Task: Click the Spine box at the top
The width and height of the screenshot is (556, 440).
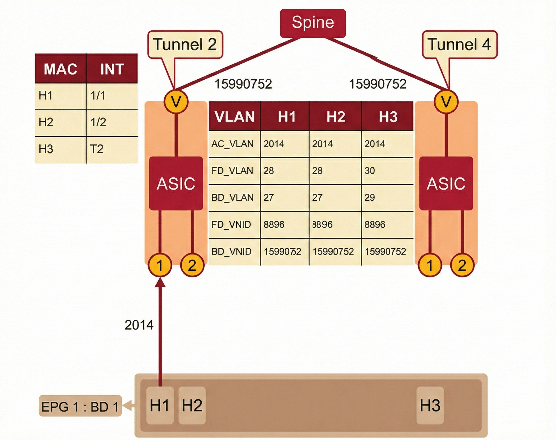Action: click(313, 23)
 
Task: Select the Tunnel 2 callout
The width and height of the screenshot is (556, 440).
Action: click(185, 45)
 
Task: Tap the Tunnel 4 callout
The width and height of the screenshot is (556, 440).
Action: click(460, 45)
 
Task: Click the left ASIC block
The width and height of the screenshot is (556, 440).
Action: click(176, 183)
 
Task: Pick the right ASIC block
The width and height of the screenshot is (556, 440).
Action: click(446, 183)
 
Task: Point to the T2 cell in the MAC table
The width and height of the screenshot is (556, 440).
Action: click(97, 149)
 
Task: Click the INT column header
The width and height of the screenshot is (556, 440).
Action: click(112, 69)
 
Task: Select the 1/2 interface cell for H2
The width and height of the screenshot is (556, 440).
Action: click(98, 122)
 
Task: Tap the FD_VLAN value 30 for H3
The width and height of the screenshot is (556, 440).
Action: click(370, 171)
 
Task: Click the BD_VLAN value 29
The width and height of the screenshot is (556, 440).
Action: click(370, 198)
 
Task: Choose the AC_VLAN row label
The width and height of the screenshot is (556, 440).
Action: click(232, 144)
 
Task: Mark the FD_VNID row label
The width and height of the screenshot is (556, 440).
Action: click(231, 225)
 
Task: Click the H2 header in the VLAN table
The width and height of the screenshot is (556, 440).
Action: click(335, 117)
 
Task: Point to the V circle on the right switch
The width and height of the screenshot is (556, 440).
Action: click(446, 102)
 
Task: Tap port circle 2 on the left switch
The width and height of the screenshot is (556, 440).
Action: click(192, 265)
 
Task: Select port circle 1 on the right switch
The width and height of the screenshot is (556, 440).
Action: click(430, 265)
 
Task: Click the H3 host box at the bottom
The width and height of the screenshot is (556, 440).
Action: click(430, 405)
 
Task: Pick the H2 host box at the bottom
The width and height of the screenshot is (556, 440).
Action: click(192, 405)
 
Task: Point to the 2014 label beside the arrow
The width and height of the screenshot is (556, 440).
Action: click(139, 325)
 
